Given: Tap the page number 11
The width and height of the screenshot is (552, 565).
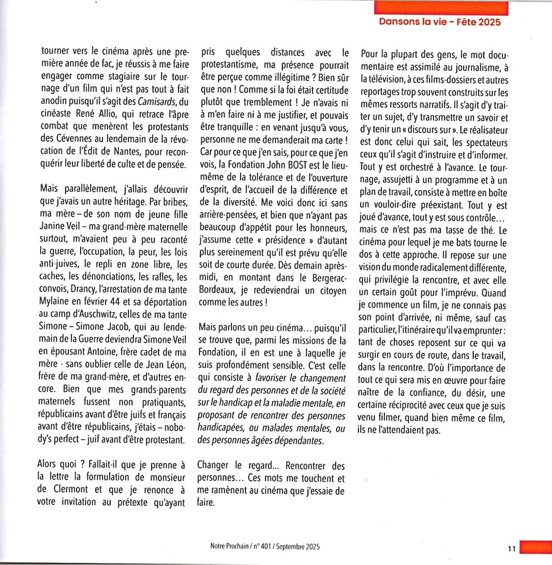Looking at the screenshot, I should [512, 549].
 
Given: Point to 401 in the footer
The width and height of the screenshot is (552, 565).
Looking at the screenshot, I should [266, 546].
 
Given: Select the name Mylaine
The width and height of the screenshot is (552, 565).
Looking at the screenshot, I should [54, 302].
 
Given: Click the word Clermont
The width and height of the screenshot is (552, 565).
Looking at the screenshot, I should [71, 489].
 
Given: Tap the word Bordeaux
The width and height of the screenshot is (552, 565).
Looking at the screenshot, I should [217, 290].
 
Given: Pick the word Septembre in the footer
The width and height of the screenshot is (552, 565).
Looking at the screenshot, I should [290, 546].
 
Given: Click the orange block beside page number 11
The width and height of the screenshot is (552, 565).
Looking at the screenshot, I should [536, 548].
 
